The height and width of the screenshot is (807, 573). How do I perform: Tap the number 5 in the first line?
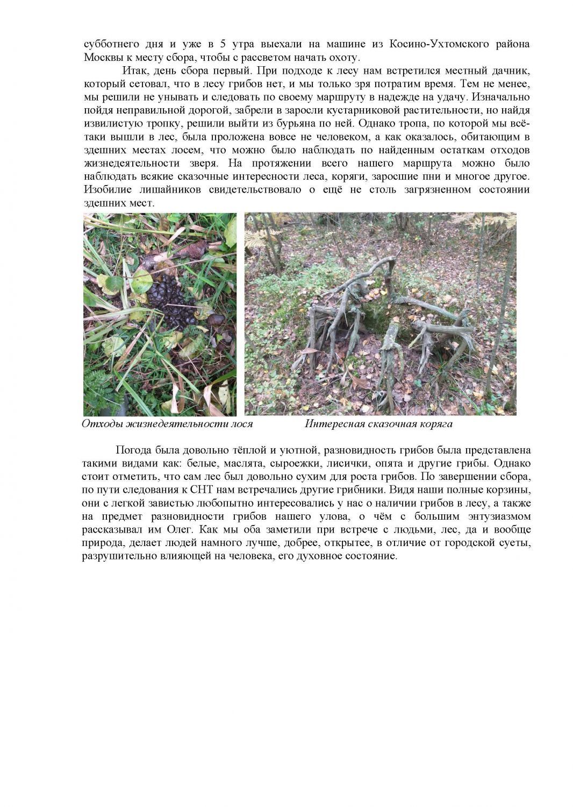pyautogui.click(x=222, y=44)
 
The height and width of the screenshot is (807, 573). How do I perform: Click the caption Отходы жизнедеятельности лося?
pyautogui.click(x=167, y=424)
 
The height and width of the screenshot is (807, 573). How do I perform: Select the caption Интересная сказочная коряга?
pyautogui.click(x=378, y=424)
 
